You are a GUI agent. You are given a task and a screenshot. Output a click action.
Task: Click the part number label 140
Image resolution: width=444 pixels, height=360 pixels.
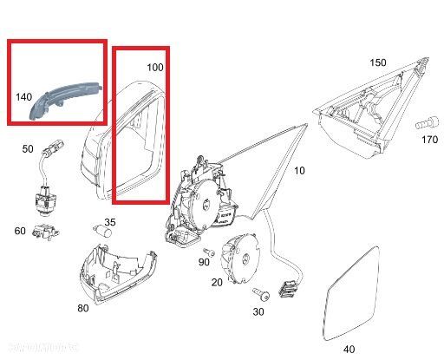point(24,97)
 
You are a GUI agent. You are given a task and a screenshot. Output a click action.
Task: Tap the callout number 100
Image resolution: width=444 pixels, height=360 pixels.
point(154,67)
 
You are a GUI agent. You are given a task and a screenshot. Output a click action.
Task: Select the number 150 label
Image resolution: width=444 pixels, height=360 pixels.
point(377,62)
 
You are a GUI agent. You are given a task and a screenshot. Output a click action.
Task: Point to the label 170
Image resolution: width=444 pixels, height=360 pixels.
point(430,138)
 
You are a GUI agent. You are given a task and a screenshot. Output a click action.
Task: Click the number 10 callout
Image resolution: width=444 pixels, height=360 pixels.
point(299,171)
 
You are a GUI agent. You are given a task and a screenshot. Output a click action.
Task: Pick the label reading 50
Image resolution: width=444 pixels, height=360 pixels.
point(28,149)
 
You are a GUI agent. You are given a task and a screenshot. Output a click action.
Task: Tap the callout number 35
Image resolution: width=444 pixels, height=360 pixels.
point(110,222)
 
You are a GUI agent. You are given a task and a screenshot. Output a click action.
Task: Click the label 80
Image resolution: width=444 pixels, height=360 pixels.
point(83,307)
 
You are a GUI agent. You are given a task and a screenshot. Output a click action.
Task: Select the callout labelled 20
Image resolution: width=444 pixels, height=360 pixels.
point(217,283)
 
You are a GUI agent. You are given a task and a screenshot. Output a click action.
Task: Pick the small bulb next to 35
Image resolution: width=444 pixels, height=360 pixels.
point(99,227)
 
